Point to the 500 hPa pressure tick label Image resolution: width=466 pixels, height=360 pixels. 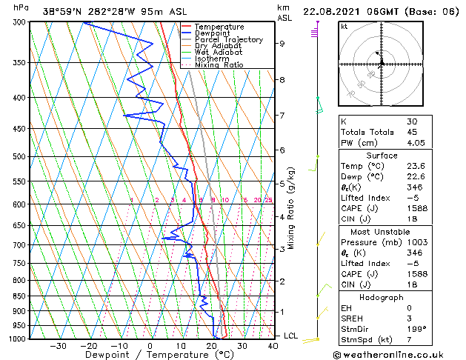coord(20,157)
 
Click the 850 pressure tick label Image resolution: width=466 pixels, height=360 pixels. coord(20,296)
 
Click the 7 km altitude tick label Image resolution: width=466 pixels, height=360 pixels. coord(282,116)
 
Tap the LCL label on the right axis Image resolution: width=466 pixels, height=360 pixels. coord(291,336)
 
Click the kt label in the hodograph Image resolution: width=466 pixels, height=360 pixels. coord(344,27)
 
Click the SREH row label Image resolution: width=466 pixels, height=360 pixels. coord(353,319)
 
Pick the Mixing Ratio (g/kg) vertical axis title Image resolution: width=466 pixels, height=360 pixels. coord(291,208)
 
